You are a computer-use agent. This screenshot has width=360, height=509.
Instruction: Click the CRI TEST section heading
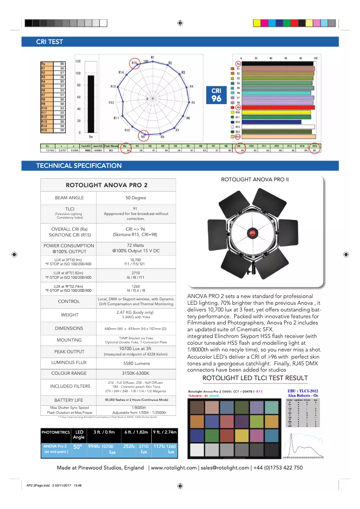[x=49, y=42]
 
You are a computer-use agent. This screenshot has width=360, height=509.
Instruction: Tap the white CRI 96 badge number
[x=217, y=99]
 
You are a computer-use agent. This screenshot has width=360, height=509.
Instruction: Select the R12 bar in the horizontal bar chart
[x=271, y=122]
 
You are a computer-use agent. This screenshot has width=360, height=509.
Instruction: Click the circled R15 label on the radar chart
[x=135, y=63]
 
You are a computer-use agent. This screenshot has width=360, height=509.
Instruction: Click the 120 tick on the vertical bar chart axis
[x=78, y=61]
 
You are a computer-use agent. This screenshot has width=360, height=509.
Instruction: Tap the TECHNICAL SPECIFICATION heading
[x=79, y=166]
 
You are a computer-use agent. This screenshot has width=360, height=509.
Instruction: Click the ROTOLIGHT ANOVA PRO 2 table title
[x=107, y=185]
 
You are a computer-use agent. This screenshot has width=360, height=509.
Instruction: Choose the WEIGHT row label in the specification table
[x=69, y=315]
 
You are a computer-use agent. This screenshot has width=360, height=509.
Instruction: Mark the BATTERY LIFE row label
[x=69, y=399]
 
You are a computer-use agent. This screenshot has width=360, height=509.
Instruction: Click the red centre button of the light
[x=252, y=233]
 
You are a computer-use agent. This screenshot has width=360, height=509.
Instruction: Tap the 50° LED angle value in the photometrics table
[x=78, y=447]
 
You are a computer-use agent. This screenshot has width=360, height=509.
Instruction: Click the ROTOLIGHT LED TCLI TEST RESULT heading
[x=255, y=378]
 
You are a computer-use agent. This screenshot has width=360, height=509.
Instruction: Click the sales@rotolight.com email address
[x=225, y=468]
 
